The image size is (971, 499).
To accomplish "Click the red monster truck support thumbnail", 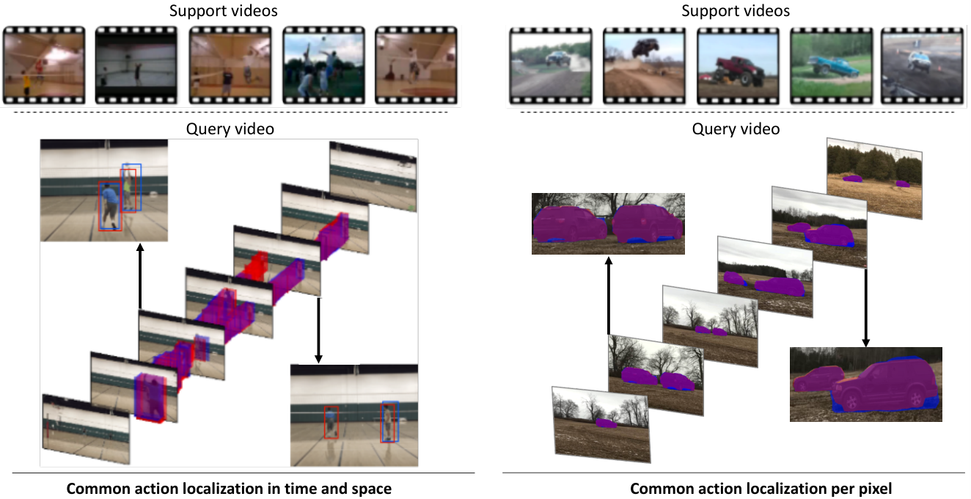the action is coord(738,66).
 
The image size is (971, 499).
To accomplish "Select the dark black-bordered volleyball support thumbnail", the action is coord(136,65).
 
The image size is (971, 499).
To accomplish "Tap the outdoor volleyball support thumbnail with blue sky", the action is coord(323,65).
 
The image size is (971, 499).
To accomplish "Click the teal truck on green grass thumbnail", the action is coord(831,66).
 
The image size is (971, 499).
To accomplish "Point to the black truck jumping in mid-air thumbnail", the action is coord(644,66).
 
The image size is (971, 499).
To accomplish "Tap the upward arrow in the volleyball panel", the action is coord(139,276).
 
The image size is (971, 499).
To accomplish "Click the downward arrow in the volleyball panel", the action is coord(318,330).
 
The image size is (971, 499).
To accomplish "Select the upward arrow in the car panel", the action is coord(609,296).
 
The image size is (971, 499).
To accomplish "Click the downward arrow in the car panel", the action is coord(865,307).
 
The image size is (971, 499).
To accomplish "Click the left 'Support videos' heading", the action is coord(223,11).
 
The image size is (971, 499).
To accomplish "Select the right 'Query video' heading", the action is coord(736,129).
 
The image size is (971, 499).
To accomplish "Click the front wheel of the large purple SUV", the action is coord(851,401).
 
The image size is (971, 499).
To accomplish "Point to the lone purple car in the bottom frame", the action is coord(606,423).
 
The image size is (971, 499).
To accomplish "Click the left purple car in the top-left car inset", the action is coord(570,225).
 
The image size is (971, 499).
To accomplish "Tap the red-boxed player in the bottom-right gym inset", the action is coord(331,423).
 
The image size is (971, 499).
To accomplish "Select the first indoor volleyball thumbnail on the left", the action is coord(44,65).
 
